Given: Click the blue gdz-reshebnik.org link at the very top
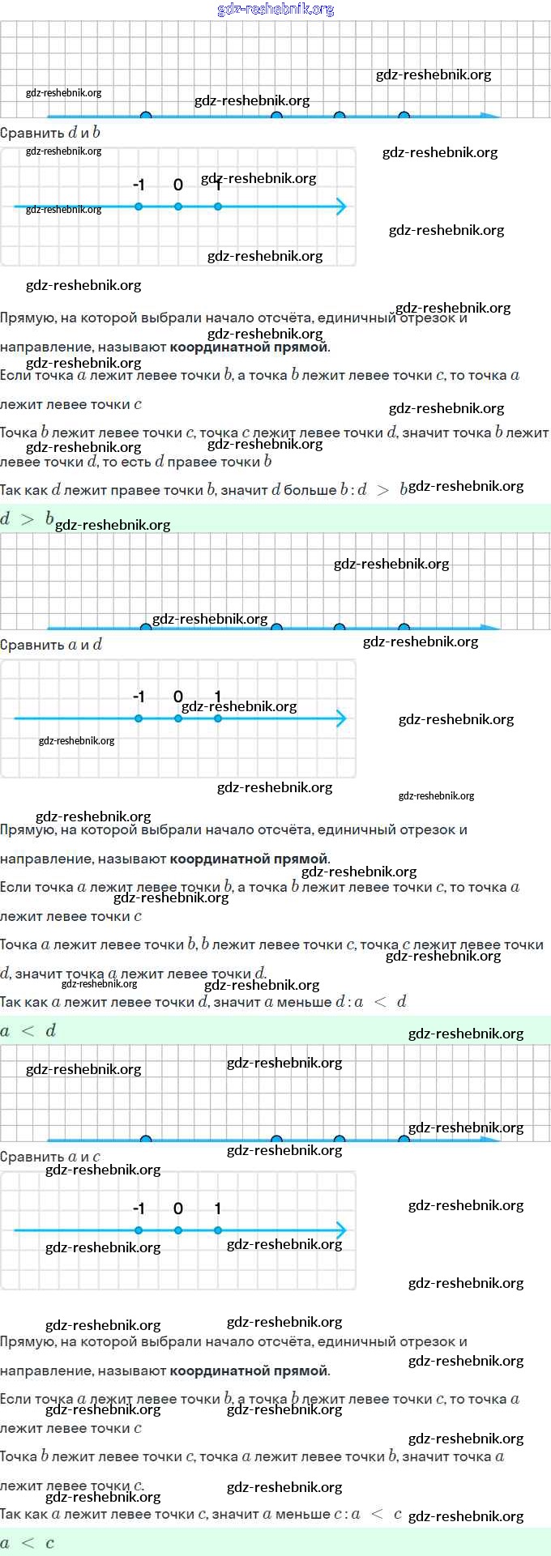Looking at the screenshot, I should tap(275, 10).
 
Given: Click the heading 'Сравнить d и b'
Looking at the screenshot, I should tap(50, 133).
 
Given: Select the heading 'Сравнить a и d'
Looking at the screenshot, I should tap(51, 645).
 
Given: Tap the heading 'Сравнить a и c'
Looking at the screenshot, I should tap(50, 1157).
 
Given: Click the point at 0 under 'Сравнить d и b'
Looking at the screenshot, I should tap(178, 207).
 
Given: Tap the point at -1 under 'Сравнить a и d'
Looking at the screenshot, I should tap(139, 718).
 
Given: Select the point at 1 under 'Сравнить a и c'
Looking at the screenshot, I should tap(218, 1230).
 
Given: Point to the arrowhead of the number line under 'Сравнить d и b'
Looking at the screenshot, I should tap(342, 207).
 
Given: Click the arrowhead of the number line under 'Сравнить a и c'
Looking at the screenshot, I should tap(342, 1230).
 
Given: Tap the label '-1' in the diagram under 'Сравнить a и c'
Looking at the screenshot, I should tap(139, 1209).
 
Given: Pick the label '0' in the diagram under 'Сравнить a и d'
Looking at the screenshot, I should tap(178, 697).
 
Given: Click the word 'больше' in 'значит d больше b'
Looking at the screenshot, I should tap(310, 490).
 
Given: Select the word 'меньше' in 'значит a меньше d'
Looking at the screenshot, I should tap(304, 1002).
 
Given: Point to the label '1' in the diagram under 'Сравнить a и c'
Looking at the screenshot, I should tap(218, 1209).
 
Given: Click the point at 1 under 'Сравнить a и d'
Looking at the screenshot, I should tap(218, 718).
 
